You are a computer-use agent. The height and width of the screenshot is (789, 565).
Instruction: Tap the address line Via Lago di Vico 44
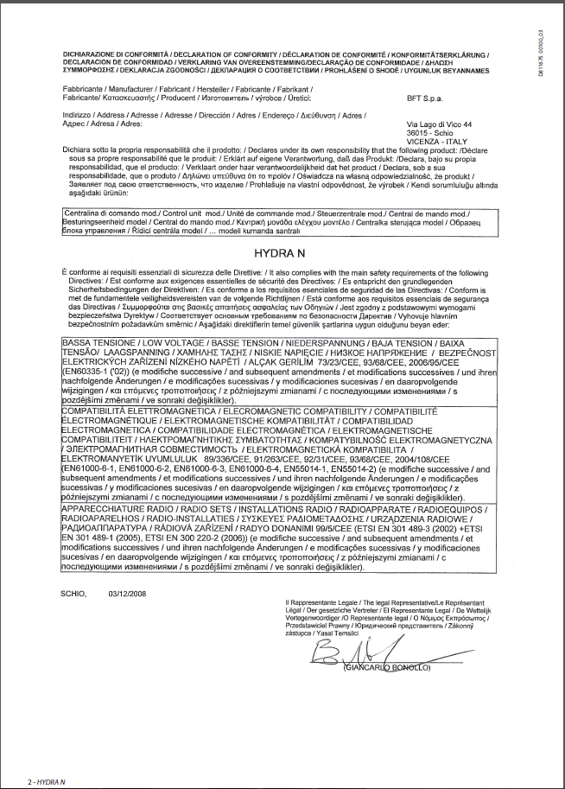(x=438, y=125)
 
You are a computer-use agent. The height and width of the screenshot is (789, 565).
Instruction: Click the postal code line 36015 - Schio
(x=429, y=132)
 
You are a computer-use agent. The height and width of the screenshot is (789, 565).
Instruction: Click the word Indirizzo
(x=76, y=115)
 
